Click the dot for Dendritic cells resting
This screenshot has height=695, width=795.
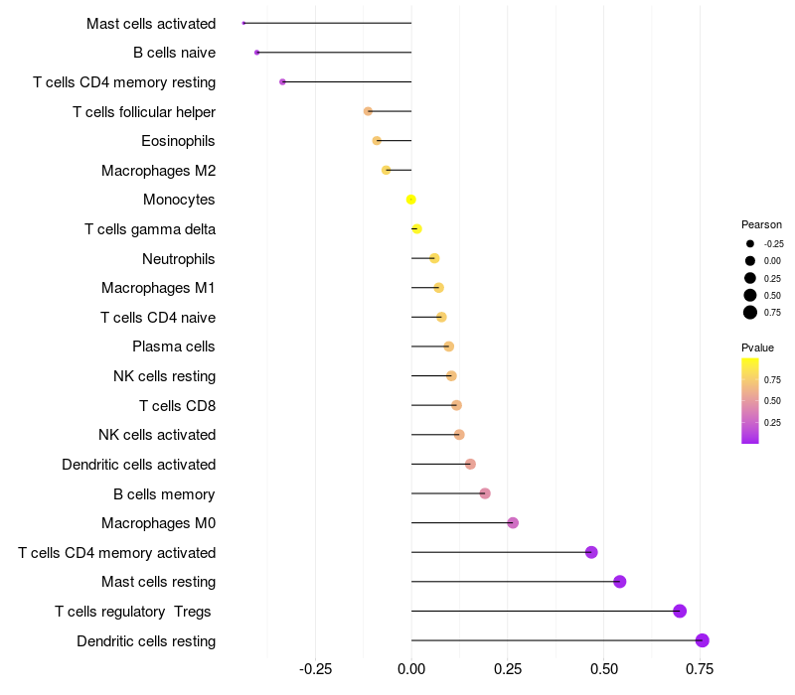click(703, 640)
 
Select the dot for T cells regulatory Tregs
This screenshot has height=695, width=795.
click(680, 611)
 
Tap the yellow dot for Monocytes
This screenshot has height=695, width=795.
click(411, 200)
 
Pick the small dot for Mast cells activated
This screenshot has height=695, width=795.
click(243, 23)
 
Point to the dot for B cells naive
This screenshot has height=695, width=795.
click(257, 53)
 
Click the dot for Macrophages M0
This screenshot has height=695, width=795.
click(513, 523)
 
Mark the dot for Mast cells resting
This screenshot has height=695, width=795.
click(620, 582)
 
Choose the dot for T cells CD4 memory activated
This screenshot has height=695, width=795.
click(591, 552)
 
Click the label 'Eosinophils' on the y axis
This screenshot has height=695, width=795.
click(178, 141)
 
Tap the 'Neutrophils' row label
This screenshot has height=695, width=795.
click(179, 259)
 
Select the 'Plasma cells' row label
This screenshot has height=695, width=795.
click(174, 347)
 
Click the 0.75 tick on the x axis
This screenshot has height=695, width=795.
click(700, 669)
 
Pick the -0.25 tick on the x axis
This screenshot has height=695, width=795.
click(315, 669)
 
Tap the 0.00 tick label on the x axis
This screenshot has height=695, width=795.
click(411, 669)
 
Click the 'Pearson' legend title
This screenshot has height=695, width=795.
click(761, 224)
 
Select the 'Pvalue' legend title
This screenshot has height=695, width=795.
click(757, 347)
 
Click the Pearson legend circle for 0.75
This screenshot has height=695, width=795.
click(750, 313)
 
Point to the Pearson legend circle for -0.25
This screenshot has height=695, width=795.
click(750, 243)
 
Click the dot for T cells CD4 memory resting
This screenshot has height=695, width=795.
click(283, 81)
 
